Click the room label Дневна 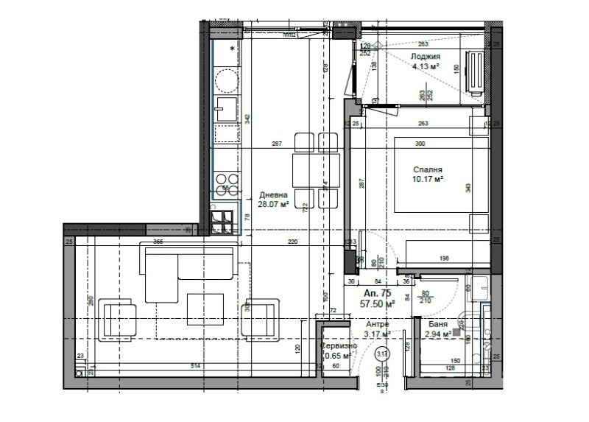coord(273,195)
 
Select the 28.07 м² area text coord(273,205)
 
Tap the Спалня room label coord(426,169)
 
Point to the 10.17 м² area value coord(427,179)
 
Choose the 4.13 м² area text coord(426,66)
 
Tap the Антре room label coord(377,324)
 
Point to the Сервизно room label coord(339,346)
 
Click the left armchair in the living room coord(118,317)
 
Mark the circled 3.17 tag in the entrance coord(381,354)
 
